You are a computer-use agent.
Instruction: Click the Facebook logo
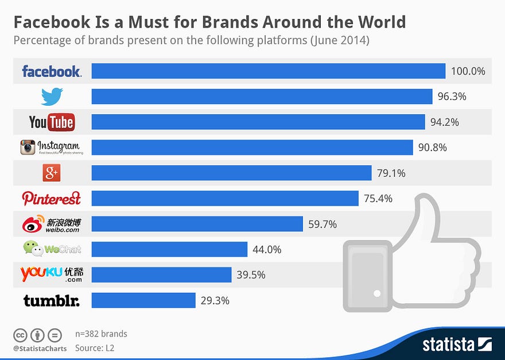pos(52,71)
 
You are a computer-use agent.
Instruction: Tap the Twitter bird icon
pos(52,96)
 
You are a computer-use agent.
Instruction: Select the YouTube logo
pos(52,122)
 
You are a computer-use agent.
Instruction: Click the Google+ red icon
pos(52,173)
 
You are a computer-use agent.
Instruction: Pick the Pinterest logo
pos(52,198)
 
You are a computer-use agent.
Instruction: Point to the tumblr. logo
pos(52,300)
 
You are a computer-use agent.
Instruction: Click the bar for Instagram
pos(252,148)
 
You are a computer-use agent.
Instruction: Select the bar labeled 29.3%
pos(143,300)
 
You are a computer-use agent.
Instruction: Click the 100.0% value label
pos(468,71)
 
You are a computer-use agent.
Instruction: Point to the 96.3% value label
pos(452,96)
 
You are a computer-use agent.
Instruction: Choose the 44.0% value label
pos(267,249)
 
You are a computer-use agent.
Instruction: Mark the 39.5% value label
pos(251,274)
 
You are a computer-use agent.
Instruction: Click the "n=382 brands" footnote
pos(101,334)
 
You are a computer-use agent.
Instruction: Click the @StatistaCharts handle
pos(40,348)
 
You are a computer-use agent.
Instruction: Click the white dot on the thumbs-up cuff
pos(377,293)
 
